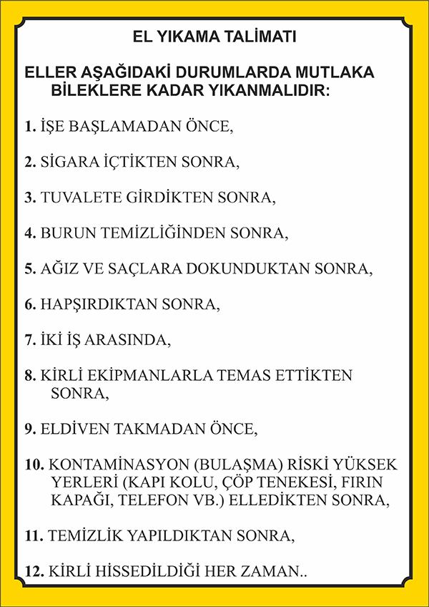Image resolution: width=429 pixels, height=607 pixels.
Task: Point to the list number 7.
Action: pos(29,340)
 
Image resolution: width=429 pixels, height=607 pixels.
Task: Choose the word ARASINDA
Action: pos(127,340)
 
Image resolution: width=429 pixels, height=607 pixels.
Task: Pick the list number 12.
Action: pos(33,570)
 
